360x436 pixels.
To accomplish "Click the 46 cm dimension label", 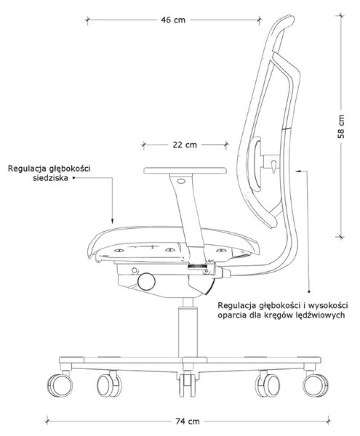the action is (173, 20).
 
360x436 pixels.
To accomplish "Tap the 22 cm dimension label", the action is (185, 145).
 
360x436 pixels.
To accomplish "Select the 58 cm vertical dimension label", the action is (341, 126).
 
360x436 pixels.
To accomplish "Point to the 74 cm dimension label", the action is (188, 421).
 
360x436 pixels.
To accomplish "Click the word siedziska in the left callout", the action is (50, 178).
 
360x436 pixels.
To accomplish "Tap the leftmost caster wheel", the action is (60, 385).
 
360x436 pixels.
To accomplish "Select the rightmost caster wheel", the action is (316, 385).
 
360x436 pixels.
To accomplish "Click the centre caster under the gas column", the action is (188, 384).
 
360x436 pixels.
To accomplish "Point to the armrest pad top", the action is (185, 170).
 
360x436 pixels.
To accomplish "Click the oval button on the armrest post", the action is (181, 181).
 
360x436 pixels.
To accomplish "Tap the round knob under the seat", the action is (147, 282).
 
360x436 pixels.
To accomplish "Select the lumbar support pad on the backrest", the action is (256, 163).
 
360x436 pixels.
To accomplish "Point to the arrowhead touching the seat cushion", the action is (113, 221).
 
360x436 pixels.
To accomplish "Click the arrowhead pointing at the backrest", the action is (298, 171).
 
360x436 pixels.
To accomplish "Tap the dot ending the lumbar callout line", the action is (309, 291).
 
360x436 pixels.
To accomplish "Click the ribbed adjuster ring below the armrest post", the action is (198, 267).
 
